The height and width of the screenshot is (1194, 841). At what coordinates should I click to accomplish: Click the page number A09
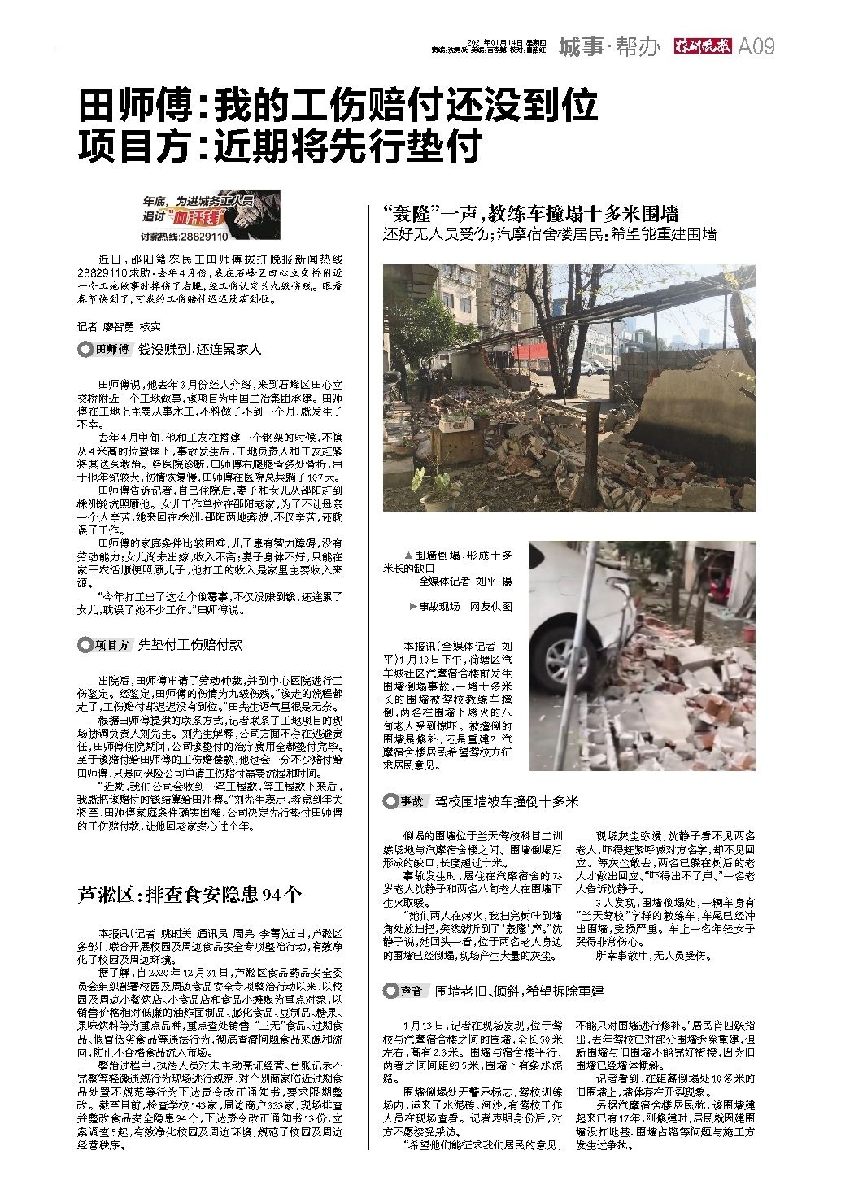coord(756,46)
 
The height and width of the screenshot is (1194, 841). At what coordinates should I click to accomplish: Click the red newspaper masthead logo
coord(700,46)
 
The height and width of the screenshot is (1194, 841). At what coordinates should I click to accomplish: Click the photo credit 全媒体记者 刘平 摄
coord(466,582)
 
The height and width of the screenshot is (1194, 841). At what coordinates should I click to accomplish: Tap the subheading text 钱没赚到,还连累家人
coord(199,350)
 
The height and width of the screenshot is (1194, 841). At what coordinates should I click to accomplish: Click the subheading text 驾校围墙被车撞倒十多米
coord(507,802)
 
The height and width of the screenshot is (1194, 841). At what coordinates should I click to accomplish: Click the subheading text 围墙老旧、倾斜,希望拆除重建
coord(520,991)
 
